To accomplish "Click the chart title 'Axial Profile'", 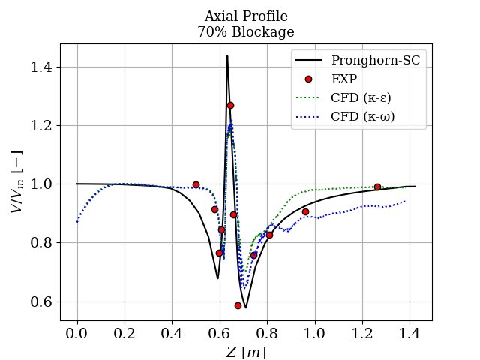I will coord(246,16).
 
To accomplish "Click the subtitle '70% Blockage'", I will coord(246,32).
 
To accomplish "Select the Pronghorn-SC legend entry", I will coord(376,60).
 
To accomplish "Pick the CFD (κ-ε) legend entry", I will coord(361,97).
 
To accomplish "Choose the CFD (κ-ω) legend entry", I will coord(362,116).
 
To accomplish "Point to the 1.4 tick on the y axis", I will coord(43,67).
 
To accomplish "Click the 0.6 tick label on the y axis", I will coord(43,301).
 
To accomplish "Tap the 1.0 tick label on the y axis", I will coord(43,184).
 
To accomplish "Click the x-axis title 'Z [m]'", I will coord(246,351).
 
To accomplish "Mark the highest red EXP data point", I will coord(230,105).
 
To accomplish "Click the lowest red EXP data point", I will coord(238,305).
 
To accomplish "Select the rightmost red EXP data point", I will coord(377,187).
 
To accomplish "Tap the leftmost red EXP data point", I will coord(196,184).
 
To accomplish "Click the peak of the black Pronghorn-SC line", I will coord(227,56).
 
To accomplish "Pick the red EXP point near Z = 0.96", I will coord(305,211).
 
